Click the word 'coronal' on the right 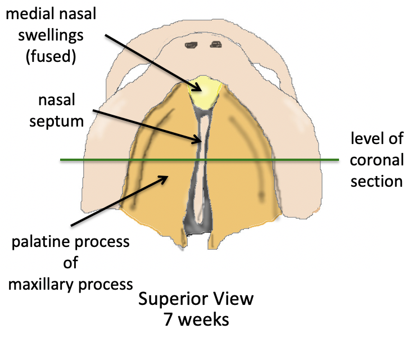(377, 160)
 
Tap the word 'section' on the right (376, 181)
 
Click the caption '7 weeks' (196, 319)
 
